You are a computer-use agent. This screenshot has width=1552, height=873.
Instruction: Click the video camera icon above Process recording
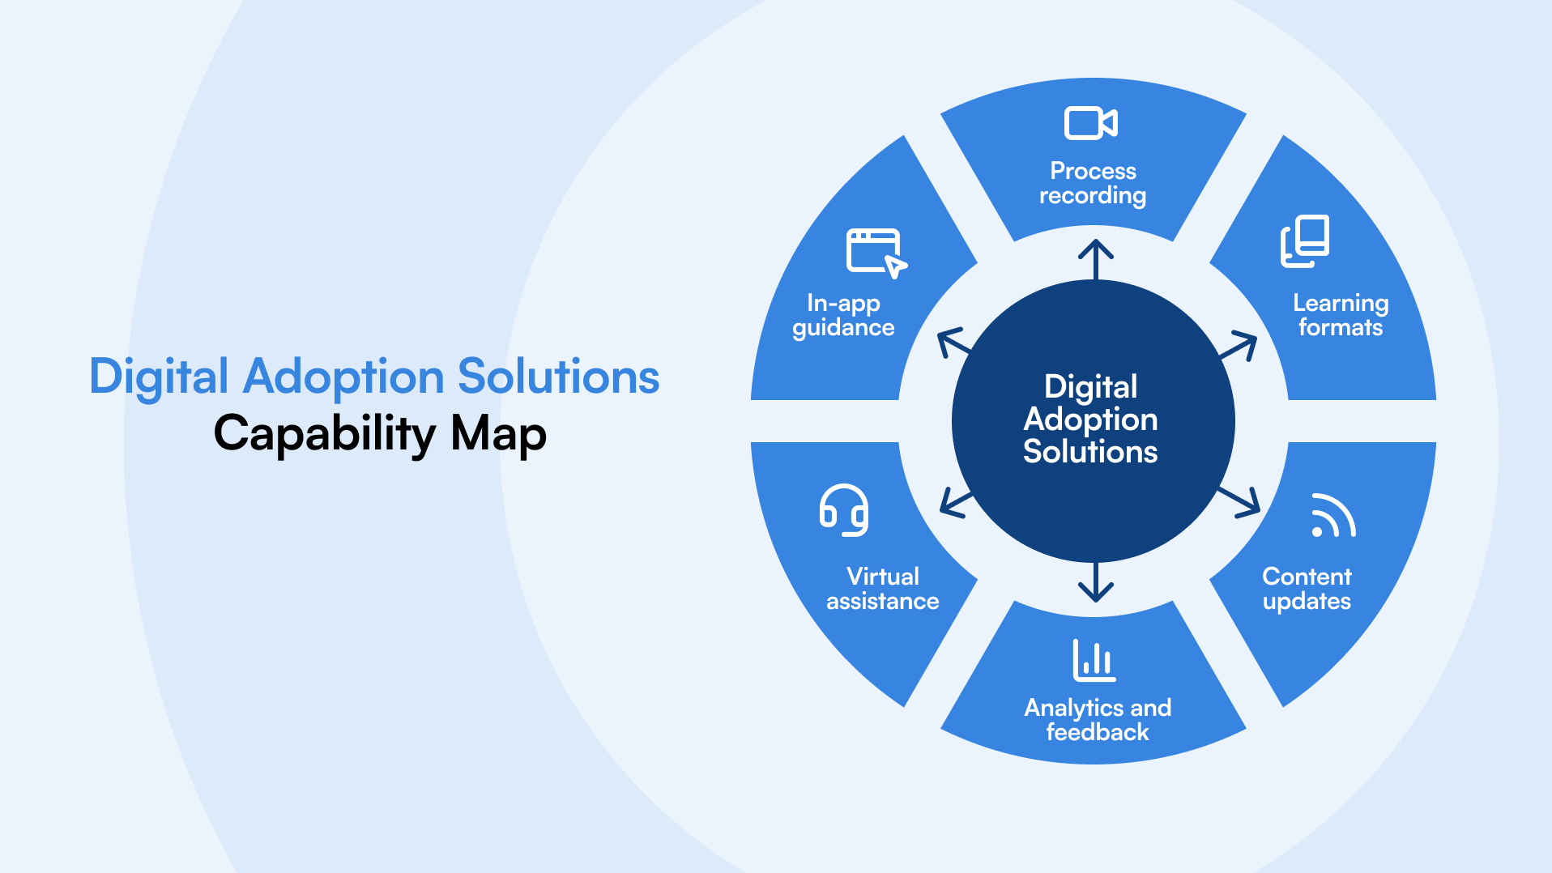[x=1090, y=123]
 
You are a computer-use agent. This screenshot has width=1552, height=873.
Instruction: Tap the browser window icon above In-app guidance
[x=876, y=253]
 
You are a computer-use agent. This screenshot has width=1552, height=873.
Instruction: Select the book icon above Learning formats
[x=1305, y=241]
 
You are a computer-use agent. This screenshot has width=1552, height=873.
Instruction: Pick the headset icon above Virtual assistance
[x=844, y=510]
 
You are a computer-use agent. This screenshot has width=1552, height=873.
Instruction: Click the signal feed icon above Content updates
[x=1332, y=516]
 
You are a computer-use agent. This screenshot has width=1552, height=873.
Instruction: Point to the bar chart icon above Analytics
[x=1094, y=660]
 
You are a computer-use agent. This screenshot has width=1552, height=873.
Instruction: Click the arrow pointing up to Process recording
[x=1095, y=258]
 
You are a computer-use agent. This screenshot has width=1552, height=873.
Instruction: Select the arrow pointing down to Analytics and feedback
[x=1095, y=583]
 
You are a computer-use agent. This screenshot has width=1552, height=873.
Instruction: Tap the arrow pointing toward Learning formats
[x=1239, y=347]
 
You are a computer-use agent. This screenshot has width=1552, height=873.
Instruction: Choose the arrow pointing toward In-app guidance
[x=953, y=343]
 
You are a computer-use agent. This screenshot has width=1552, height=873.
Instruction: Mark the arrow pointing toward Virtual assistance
[x=956, y=503]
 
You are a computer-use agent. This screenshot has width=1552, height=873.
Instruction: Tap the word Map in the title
[x=498, y=434]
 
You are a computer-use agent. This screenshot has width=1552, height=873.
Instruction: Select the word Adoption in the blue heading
[x=343, y=377]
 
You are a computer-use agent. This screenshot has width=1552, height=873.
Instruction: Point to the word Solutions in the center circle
[x=1090, y=452]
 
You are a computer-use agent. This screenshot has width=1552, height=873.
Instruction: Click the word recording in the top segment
[x=1093, y=196]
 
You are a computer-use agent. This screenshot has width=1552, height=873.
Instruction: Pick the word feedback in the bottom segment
[x=1098, y=732]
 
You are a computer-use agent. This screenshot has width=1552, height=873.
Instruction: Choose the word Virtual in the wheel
[x=883, y=577]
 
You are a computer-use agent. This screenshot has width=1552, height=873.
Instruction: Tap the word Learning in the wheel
[x=1341, y=303]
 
